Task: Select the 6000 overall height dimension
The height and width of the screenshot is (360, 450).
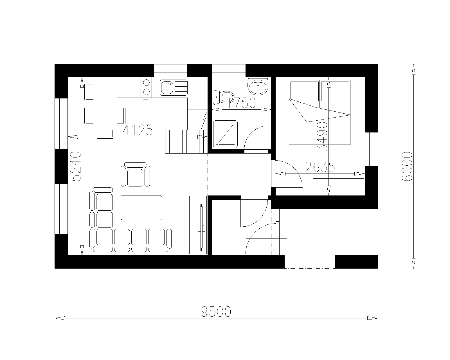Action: point(407,166)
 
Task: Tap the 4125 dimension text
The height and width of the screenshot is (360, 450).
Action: point(138,130)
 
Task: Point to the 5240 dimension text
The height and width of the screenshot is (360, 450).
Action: point(75,166)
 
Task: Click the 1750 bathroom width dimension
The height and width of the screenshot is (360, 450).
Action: point(241,103)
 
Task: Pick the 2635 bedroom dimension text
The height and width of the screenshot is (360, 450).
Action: point(320,167)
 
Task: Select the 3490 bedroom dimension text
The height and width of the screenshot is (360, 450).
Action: point(322,137)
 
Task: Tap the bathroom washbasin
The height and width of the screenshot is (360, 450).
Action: point(258,86)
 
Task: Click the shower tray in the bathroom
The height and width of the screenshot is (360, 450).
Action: point(226,134)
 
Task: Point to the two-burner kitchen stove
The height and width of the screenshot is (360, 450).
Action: point(146,87)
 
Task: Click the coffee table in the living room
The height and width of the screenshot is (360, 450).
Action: point(141,208)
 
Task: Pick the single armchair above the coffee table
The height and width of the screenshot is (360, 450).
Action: point(135,174)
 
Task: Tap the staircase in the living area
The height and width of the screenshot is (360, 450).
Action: point(186,142)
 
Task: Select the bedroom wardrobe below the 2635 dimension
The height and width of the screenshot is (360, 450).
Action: point(338,186)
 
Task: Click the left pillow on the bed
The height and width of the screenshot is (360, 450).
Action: point(305,91)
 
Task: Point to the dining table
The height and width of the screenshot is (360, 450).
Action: point(105,103)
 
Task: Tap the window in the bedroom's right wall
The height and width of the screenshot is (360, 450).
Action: point(372,149)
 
